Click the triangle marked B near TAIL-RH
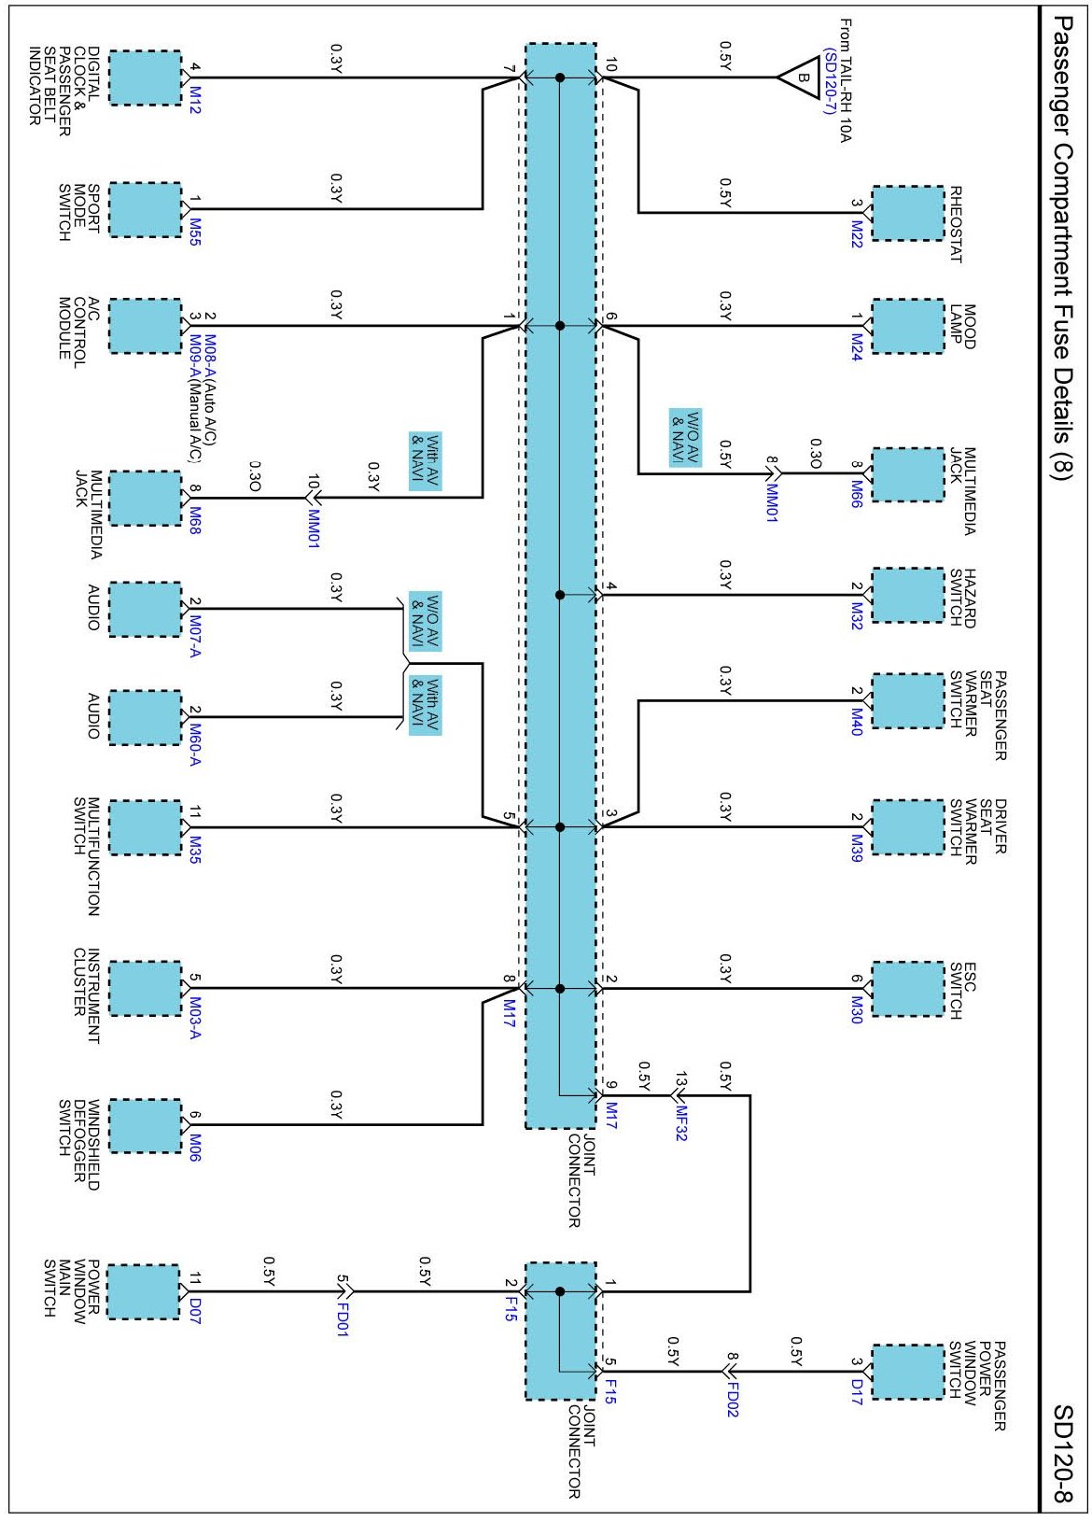[799, 78]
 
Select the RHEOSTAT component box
[907, 213]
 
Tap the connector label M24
[857, 346]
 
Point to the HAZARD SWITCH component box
[907, 595]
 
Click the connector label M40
[857, 721]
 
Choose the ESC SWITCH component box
[907, 989]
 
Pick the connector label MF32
[681, 1122]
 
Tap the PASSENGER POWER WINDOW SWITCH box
[907, 1371]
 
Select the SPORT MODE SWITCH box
[145, 209]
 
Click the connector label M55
[195, 232]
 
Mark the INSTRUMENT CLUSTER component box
[145, 989]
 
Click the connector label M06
[195, 1147]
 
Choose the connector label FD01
[343, 1318]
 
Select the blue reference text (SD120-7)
[828, 80]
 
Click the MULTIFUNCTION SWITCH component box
[145, 827]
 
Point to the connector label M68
[195, 520]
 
